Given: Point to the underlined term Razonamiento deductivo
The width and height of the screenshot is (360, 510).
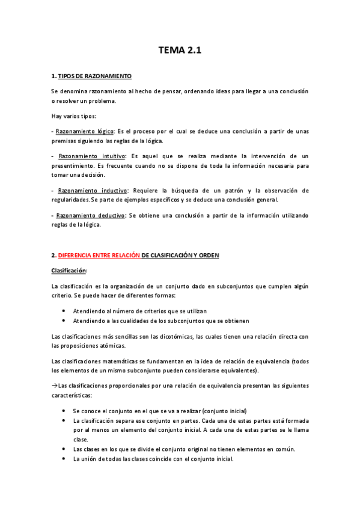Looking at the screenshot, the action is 92,215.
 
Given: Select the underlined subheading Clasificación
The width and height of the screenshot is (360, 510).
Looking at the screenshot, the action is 69,271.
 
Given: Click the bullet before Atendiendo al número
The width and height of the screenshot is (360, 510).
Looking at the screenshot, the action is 64,312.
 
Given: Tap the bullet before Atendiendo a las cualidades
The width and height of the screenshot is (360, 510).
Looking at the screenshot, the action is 64,321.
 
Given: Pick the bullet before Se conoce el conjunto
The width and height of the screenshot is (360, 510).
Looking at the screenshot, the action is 64,410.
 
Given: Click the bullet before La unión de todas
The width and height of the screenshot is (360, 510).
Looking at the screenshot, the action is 64,459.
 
